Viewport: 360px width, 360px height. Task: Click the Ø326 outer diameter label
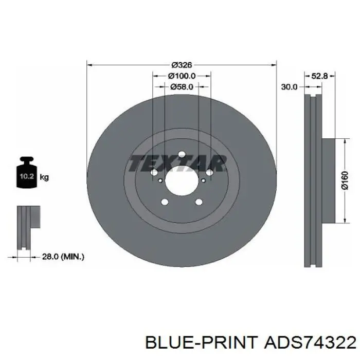[x=182, y=65]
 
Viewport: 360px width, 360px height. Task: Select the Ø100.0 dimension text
[x=182, y=76]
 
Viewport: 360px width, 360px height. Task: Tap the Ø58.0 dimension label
[x=182, y=86]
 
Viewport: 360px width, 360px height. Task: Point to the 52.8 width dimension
[x=319, y=76]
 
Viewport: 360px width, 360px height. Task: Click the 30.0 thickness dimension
[x=289, y=87]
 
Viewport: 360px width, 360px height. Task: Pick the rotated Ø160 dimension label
[x=345, y=180]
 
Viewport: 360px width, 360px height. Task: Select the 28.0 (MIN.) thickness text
[x=63, y=257]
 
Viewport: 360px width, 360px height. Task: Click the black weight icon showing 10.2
[x=27, y=172]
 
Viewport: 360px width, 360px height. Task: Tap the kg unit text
[x=44, y=177]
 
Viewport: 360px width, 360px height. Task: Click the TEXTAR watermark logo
[x=177, y=163]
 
